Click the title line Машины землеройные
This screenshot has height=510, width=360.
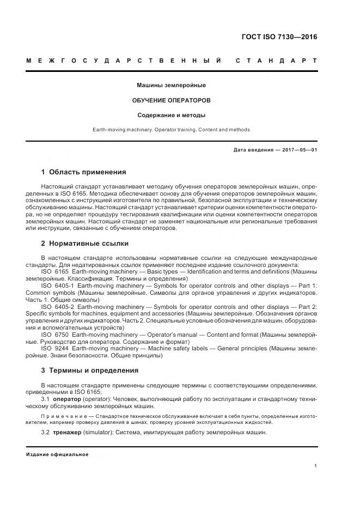click(171, 86)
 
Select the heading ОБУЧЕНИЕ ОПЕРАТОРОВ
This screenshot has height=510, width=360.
click(171, 101)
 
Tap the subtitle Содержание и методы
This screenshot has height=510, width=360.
click(171, 115)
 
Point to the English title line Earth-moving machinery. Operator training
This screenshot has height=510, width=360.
click(171, 130)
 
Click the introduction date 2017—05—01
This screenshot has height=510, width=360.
click(298, 150)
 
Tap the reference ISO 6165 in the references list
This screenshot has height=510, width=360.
click(55, 271)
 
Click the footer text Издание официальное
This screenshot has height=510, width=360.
click(57, 454)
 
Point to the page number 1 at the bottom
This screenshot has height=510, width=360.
click(315, 466)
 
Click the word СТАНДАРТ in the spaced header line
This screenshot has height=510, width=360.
click(276, 60)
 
